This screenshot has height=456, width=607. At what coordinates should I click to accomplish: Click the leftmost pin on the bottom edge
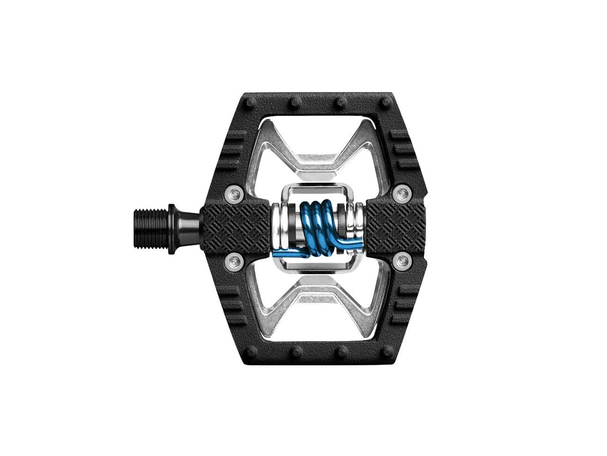[x=252, y=351]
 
